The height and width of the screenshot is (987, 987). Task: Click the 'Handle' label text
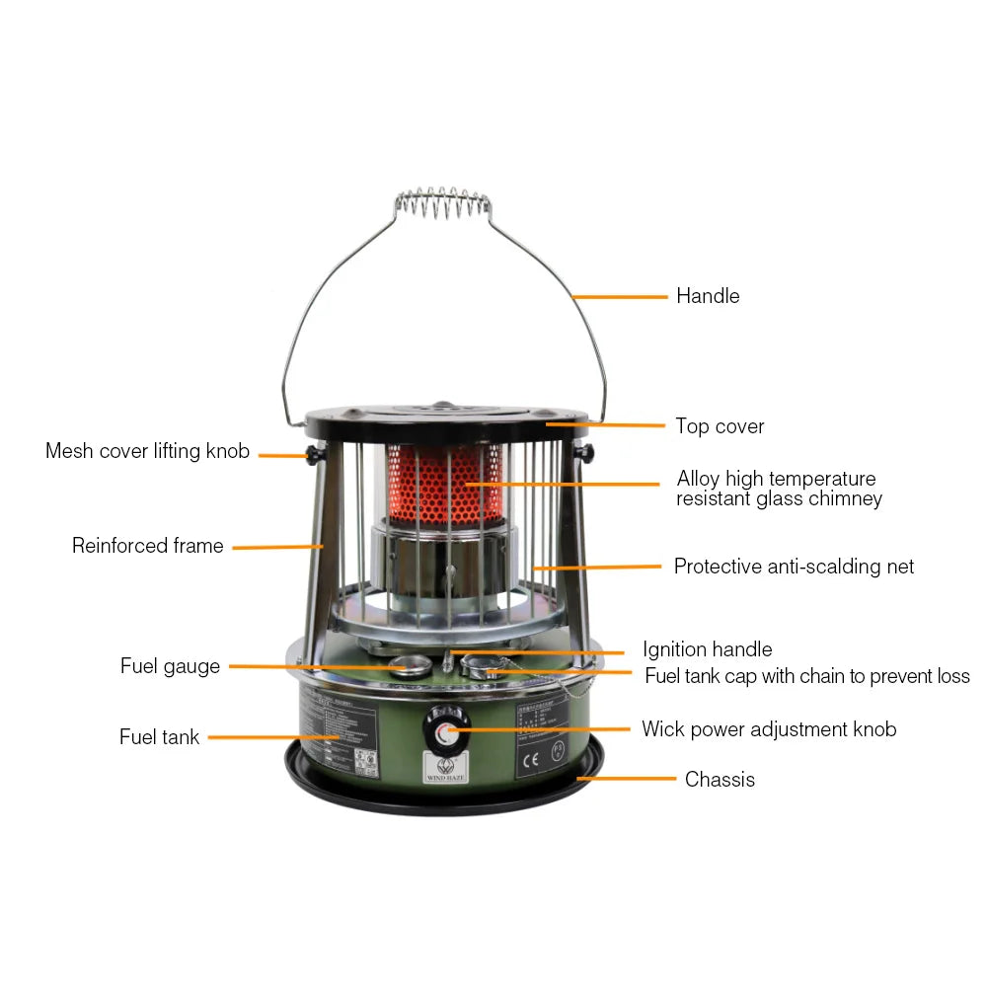[x=707, y=296]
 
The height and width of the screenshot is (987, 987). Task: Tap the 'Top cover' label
[x=720, y=426]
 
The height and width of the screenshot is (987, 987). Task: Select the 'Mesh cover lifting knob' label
[x=147, y=451]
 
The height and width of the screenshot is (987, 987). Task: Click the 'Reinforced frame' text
[x=148, y=546]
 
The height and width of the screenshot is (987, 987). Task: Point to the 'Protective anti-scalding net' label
[x=794, y=567]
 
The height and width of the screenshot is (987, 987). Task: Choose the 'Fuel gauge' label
[x=170, y=666]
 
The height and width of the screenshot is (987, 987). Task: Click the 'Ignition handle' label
[x=707, y=649]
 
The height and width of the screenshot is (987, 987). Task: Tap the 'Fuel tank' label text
[x=159, y=737]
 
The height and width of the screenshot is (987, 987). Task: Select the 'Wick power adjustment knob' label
[x=769, y=729]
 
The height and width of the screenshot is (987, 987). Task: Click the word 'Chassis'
[x=720, y=780]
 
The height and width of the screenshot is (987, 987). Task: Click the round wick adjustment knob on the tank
[x=444, y=731]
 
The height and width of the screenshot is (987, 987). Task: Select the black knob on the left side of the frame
[x=311, y=454]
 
